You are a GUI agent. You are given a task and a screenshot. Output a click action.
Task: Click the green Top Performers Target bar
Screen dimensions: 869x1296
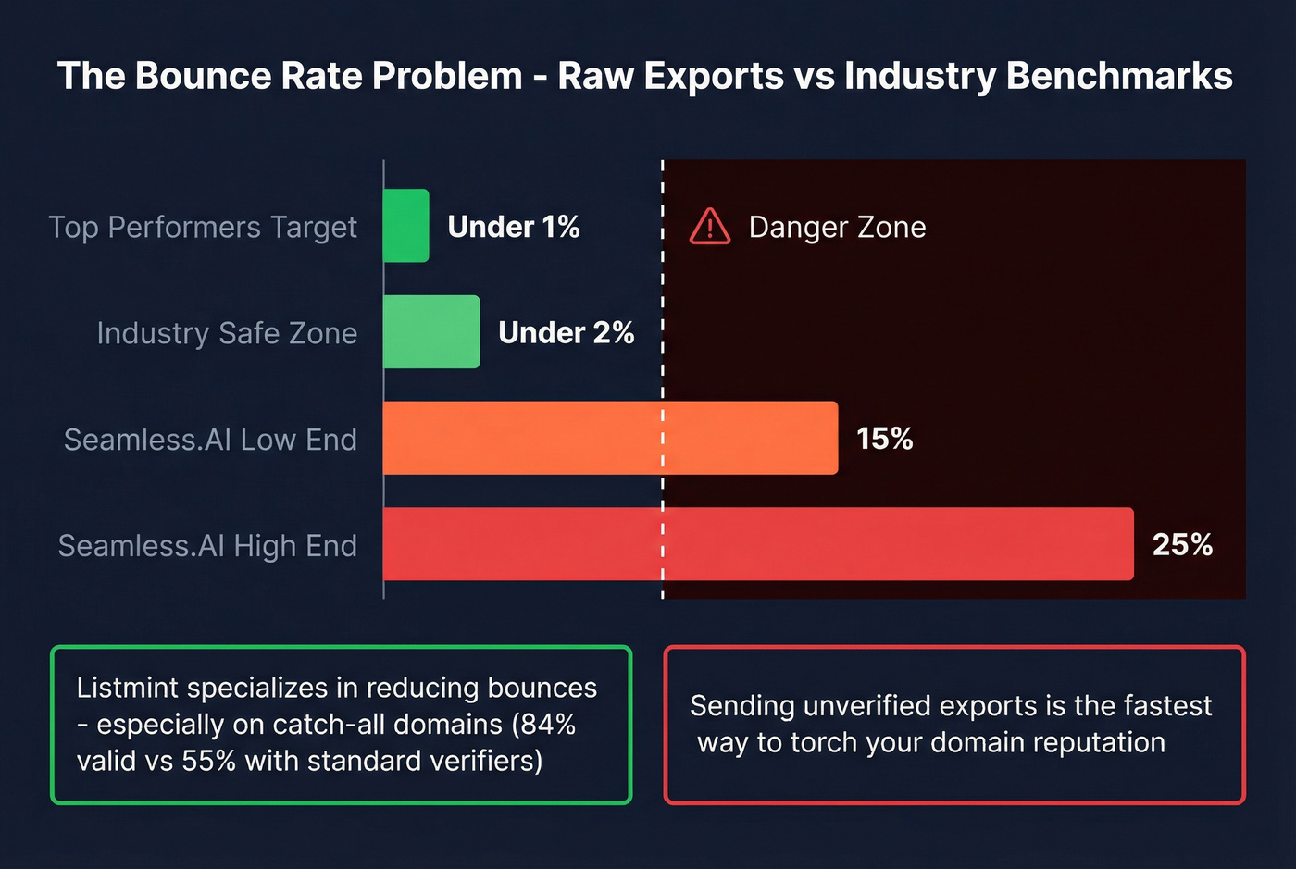[x=406, y=226]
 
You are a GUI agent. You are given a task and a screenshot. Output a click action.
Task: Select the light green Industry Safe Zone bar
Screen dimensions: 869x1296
[x=431, y=332]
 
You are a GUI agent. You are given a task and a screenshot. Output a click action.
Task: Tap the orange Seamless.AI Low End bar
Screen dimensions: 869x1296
[x=610, y=438]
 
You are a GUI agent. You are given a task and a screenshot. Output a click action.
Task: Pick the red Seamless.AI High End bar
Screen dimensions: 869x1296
[x=757, y=544]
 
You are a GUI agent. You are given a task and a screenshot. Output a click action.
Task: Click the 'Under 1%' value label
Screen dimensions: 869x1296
[x=514, y=227]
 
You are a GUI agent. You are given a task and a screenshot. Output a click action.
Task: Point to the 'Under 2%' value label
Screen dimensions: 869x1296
[x=566, y=333]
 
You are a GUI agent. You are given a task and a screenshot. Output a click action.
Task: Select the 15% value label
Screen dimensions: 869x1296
[x=884, y=439]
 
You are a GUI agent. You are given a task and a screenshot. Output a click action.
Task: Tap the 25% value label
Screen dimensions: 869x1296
[x=1182, y=544]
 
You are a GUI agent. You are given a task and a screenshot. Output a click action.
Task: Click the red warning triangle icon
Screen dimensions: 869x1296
[x=710, y=227]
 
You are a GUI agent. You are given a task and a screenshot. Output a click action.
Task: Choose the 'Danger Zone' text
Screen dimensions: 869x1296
[x=837, y=227]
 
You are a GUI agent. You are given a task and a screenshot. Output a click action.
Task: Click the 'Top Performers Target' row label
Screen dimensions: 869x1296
[x=203, y=228]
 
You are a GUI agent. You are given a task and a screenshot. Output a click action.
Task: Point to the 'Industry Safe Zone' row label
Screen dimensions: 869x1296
[x=227, y=333]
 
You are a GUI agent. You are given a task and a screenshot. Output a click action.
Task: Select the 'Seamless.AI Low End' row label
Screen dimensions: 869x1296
[x=210, y=440]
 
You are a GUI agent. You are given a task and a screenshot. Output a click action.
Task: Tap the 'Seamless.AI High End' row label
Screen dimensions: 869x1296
[x=207, y=546]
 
